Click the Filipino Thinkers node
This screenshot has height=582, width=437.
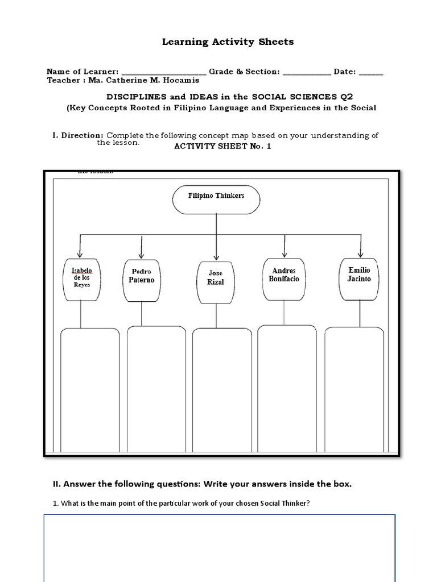216,199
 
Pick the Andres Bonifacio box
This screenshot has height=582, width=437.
284,279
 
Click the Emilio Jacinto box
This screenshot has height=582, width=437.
359,279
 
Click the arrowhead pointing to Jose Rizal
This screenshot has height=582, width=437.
216,257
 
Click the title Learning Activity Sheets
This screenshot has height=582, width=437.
220,41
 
